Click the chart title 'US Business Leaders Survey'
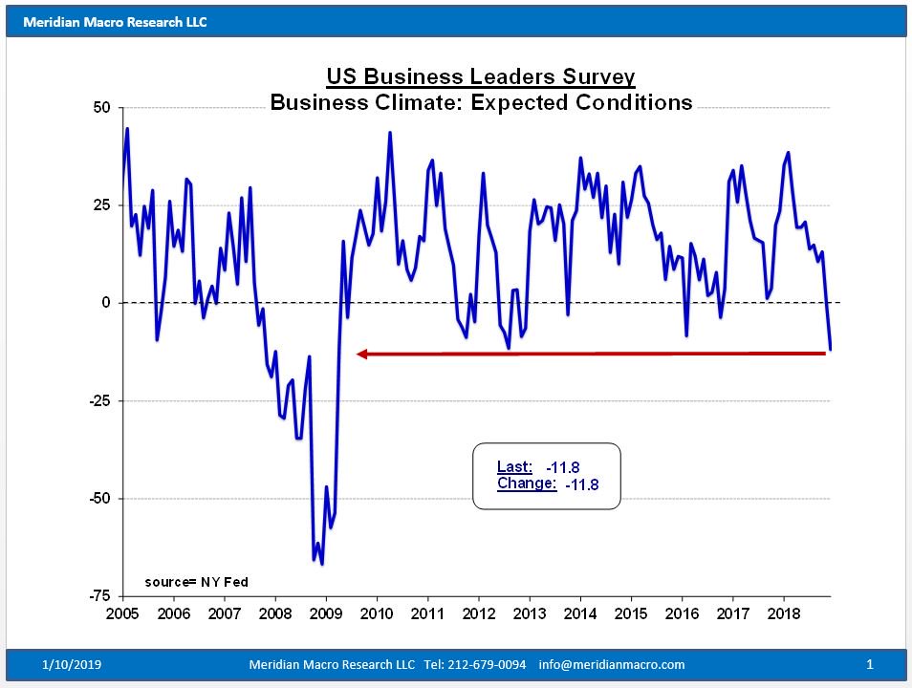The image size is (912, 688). [480, 76]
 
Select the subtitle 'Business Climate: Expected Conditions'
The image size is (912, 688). [481, 102]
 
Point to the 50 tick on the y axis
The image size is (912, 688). [101, 108]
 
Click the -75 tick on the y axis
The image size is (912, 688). [98, 596]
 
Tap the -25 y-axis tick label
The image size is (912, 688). [98, 401]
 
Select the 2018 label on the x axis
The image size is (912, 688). [784, 613]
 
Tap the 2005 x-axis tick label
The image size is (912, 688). [122, 613]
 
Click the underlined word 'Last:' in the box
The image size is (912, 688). [514, 467]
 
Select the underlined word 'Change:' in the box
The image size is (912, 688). [526, 484]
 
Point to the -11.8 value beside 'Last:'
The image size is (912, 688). [563, 468]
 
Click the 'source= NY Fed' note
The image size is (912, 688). [196, 581]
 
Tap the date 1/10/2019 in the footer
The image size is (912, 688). [73, 664]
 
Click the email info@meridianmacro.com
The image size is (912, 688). [612, 664]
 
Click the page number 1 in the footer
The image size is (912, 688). [870, 664]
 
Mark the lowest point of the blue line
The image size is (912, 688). [322, 564]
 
